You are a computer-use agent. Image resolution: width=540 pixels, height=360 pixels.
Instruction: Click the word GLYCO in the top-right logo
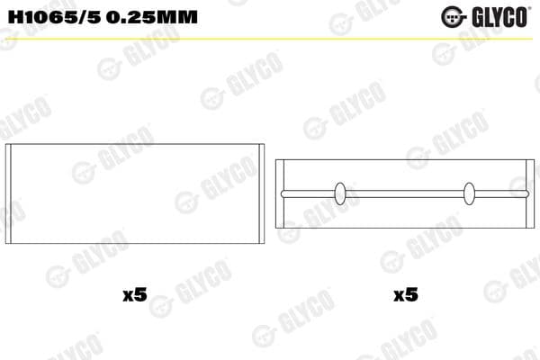[498, 16]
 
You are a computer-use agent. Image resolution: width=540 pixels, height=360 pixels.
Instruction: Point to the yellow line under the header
[270, 39]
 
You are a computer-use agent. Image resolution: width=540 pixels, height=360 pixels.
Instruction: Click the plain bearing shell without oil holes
[135, 193]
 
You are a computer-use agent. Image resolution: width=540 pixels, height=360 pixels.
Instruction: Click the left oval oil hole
[341, 193]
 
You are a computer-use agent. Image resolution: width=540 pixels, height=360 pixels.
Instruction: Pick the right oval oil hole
[469, 193]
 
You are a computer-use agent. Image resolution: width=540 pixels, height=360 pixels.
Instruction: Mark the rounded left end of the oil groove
[283, 193]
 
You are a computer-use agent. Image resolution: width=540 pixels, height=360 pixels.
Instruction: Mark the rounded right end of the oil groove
[528, 193]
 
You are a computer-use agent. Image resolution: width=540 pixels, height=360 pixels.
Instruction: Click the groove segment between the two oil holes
[405, 193]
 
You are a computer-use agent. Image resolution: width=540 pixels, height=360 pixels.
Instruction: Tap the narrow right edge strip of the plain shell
[262, 193]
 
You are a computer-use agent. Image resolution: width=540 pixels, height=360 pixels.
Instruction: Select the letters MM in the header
[176, 17]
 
